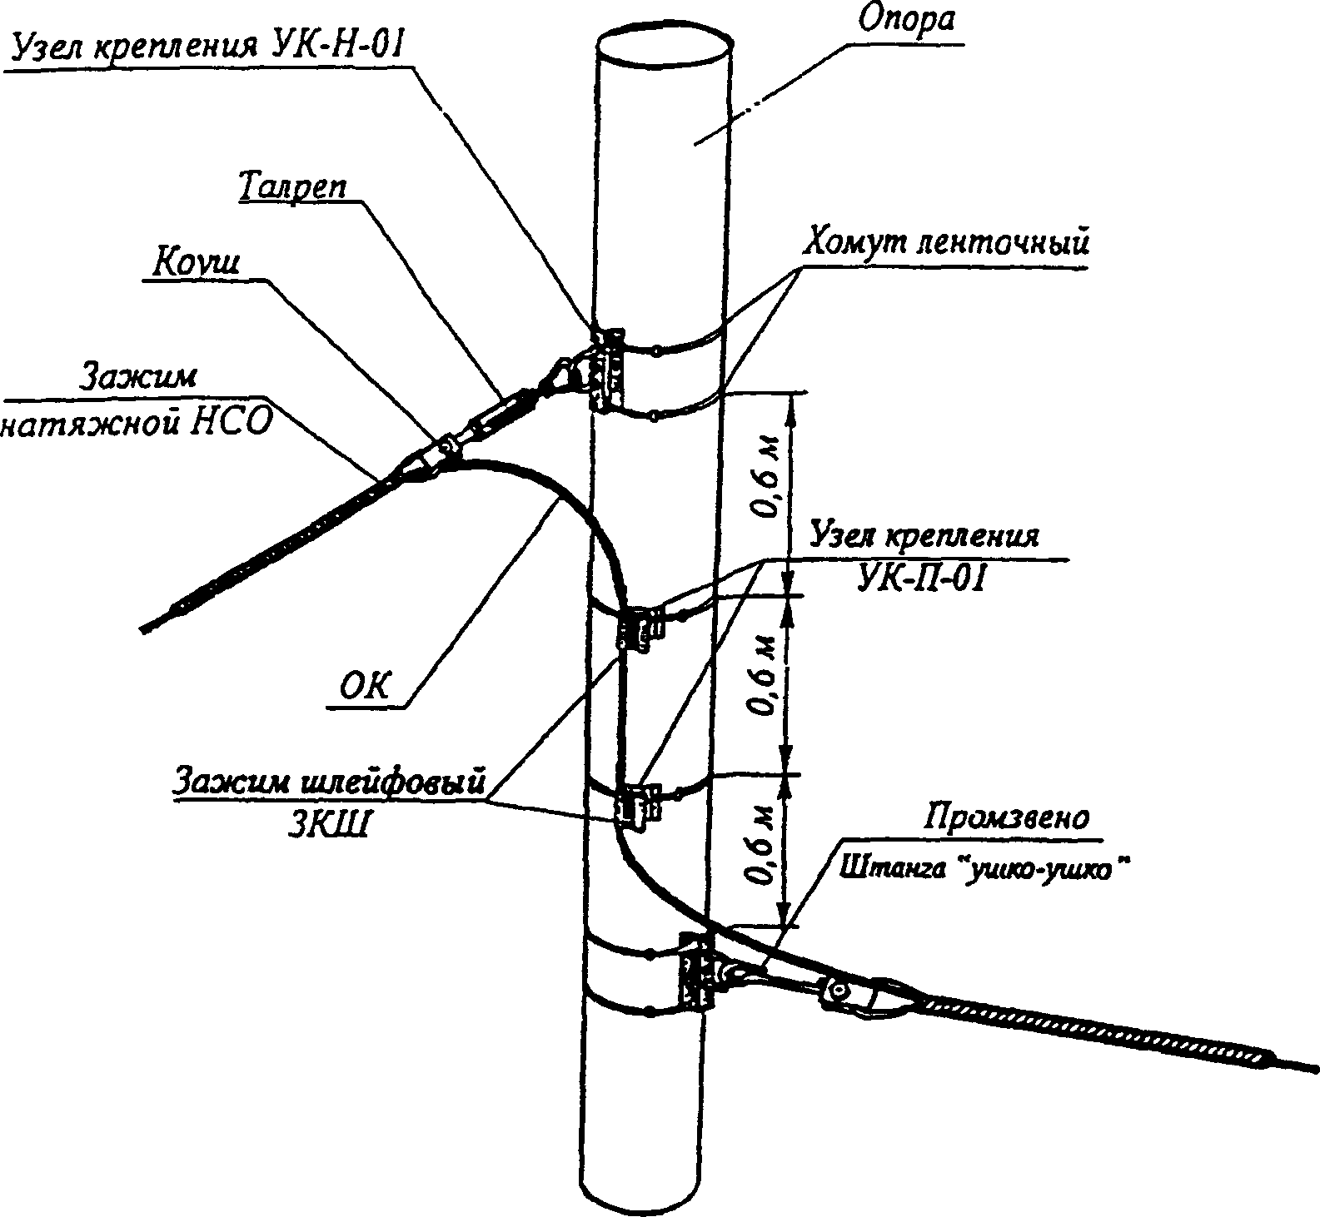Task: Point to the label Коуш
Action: [x=197, y=262]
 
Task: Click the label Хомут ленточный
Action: [x=944, y=243]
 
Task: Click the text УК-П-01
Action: [x=921, y=578]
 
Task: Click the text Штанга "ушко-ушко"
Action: [x=984, y=869]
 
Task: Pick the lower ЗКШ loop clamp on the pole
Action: [x=635, y=803]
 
